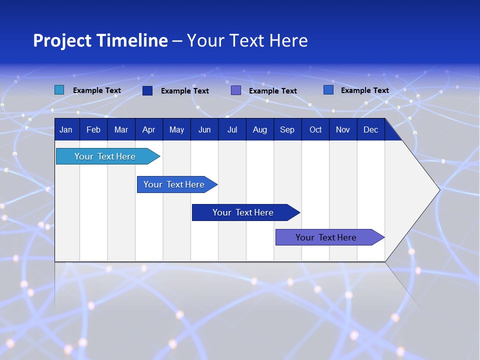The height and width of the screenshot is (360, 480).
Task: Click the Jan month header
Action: point(66,129)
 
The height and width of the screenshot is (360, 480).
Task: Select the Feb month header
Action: point(93,129)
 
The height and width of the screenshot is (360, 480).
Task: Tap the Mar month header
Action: point(121,129)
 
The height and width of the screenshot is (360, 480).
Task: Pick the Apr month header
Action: point(149,129)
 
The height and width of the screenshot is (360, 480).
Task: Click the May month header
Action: point(176,129)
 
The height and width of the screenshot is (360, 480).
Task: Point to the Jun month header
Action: point(204,129)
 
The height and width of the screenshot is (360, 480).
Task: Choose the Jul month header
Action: point(232,129)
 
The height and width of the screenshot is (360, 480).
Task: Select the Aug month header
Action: point(260,129)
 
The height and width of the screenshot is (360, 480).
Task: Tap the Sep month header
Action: point(287,129)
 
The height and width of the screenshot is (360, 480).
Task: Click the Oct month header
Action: point(315,129)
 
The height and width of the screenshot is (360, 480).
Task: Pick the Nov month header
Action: point(343,129)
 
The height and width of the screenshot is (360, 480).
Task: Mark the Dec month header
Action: point(371,129)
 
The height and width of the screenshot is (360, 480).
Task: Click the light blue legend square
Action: point(59,90)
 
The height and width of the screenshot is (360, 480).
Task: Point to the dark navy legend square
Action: point(147,90)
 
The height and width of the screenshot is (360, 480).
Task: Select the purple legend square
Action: point(236,90)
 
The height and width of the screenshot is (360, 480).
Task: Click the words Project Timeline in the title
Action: point(100,40)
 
